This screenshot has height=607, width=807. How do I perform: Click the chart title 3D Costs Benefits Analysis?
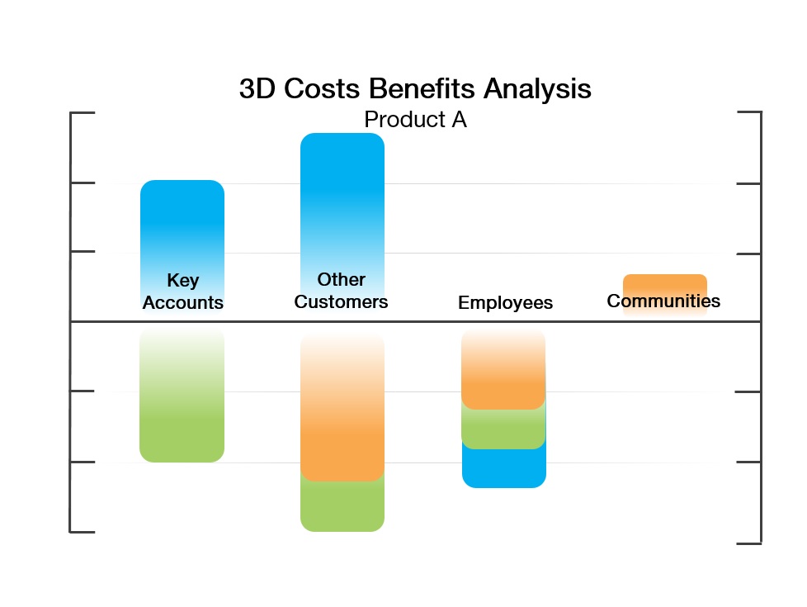(x=415, y=88)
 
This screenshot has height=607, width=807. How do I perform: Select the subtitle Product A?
(x=415, y=120)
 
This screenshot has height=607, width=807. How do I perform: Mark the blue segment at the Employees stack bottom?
(x=504, y=468)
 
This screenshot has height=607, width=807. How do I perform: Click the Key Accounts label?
(x=182, y=292)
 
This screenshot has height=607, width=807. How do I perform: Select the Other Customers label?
(x=342, y=291)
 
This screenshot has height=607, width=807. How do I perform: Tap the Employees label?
(x=505, y=302)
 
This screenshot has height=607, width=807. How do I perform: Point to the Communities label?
(x=663, y=301)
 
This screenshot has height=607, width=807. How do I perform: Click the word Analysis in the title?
(x=537, y=88)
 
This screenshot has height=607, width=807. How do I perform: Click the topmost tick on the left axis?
(x=83, y=112)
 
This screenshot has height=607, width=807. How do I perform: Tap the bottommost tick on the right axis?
(x=749, y=543)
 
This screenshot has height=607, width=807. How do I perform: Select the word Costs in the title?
(x=322, y=88)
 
